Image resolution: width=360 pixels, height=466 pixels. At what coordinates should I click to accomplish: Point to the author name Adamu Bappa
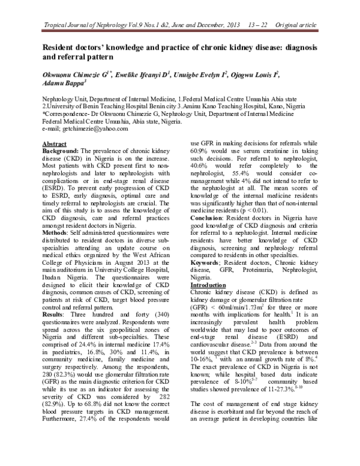pos(62,84)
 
